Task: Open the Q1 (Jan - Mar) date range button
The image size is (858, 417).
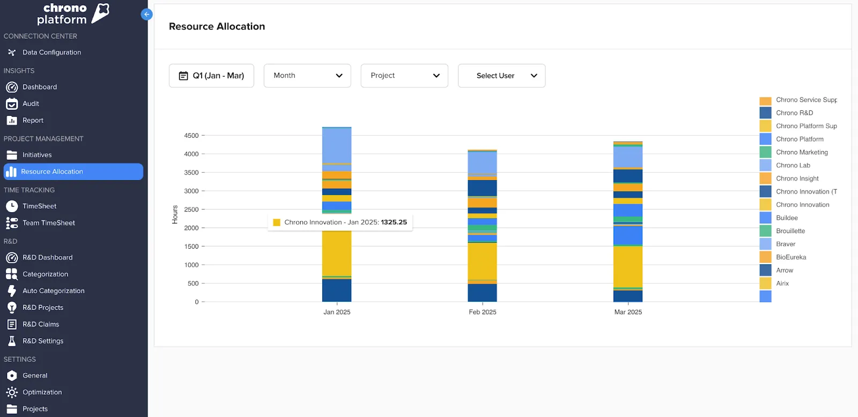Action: coord(211,76)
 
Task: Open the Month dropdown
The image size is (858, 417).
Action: coord(307,76)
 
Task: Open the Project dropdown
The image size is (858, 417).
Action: coord(404,76)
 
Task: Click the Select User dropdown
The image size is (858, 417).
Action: coord(501,76)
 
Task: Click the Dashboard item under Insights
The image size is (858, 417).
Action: coord(39,87)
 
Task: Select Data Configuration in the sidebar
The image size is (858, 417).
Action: coord(51,53)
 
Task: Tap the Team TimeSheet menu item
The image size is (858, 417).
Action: coord(48,223)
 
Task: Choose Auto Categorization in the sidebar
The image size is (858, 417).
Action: coord(53,291)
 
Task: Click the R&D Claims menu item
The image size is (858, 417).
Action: coord(41,324)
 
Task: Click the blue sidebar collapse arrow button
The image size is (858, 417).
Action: coord(146,14)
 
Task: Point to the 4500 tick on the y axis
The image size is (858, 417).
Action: coord(191,136)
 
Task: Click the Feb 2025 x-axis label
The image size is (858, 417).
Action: coord(482,312)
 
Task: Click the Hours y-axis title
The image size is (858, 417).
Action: coord(175,214)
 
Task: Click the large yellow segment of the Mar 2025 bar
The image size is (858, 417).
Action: coord(627,266)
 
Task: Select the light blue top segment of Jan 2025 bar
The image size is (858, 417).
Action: coord(336,145)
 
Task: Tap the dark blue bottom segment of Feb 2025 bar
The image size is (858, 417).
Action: coord(482,293)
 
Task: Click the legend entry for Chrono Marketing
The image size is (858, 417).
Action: coord(801,152)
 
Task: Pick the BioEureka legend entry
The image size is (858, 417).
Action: coord(790,257)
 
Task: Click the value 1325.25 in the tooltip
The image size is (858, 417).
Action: coord(394,222)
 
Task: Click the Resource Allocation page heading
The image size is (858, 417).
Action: coord(217,26)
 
